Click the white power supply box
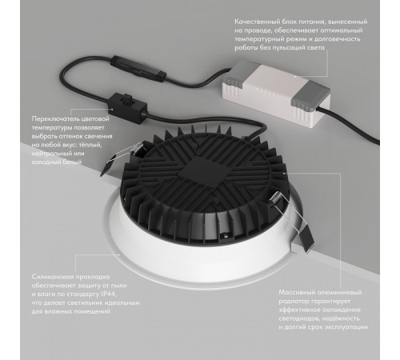[x=276, y=93]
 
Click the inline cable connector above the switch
[x=138, y=70]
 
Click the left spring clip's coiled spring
[x=137, y=149]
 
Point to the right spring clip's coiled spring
[x=275, y=199]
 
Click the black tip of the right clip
[x=307, y=238]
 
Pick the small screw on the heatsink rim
[x=226, y=234]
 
